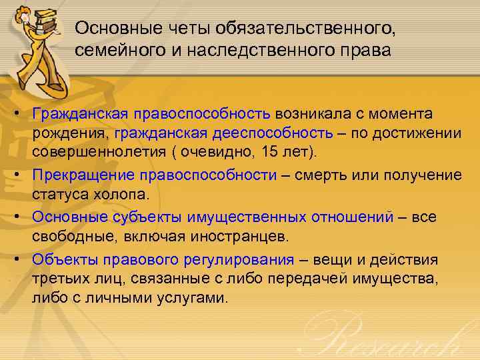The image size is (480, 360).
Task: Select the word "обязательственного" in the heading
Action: [x=297, y=29]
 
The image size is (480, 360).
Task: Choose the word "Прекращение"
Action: [x=86, y=175]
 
